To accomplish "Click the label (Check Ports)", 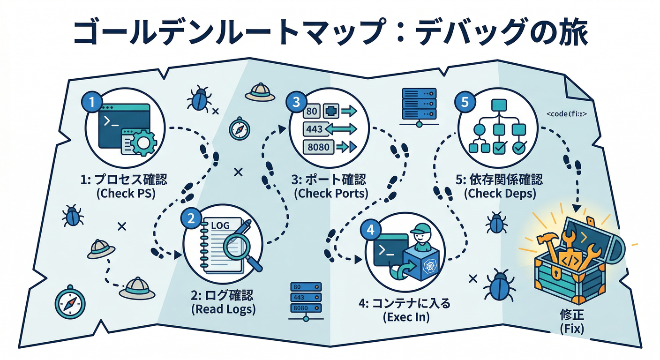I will click(x=331, y=193).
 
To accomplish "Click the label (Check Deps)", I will click(x=498, y=193).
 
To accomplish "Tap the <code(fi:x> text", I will click(x=567, y=114).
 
